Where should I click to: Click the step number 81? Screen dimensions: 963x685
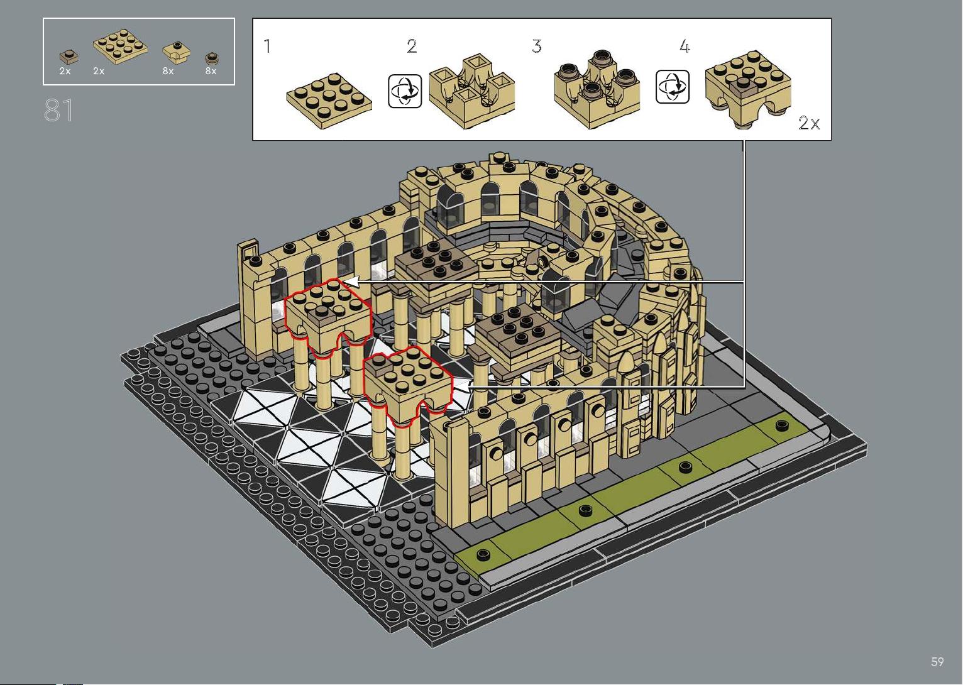58,110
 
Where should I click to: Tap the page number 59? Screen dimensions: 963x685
937,661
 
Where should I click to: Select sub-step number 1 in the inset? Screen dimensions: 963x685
267,46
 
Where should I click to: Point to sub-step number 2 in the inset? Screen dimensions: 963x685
412,46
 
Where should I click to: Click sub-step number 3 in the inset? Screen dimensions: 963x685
537,46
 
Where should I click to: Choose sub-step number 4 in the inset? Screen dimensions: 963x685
685,46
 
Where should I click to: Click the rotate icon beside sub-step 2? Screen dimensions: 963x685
405,91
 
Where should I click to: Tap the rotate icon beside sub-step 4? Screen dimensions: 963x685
673,87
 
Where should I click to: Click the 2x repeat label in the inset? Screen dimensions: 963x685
809,123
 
